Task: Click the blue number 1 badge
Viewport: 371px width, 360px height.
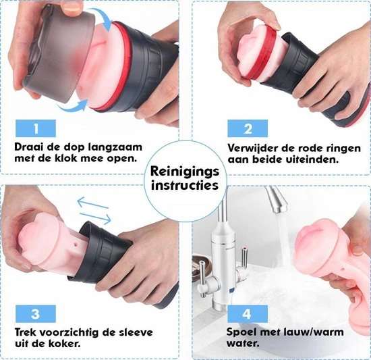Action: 36,128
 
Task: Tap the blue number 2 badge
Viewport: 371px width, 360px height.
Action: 248,128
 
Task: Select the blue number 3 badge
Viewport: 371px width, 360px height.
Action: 36,314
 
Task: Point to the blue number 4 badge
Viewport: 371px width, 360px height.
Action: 248,314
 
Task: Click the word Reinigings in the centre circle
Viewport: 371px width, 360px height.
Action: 185,172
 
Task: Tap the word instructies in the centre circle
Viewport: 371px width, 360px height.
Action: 185,185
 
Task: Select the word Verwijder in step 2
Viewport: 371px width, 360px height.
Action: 253,149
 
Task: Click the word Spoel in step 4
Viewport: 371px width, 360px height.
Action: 239,332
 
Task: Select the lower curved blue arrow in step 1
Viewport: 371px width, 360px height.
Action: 71,109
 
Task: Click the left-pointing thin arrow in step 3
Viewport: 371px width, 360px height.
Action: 92,203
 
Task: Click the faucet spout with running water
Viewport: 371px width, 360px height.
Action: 277,199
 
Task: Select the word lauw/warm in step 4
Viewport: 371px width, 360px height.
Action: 311,332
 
